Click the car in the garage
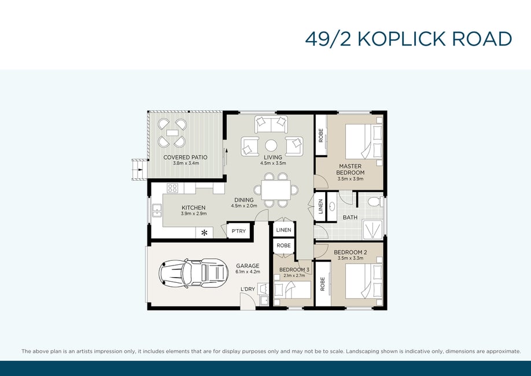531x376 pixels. pyautogui.click(x=194, y=273)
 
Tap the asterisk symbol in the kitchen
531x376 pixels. pyautogui.click(x=204, y=233)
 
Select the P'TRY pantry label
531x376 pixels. pyautogui.click(x=238, y=231)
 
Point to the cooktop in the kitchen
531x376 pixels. pyautogui.click(x=172, y=188)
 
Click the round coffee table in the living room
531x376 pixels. pyautogui.click(x=271, y=146)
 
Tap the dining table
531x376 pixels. pyautogui.click(x=276, y=190)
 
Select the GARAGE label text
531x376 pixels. pyautogui.click(x=248, y=266)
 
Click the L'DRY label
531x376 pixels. pyautogui.click(x=248, y=289)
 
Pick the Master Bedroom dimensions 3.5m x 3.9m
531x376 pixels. pyautogui.click(x=350, y=179)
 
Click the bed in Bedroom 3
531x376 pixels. pyautogui.click(x=292, y=290)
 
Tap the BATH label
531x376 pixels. pyautogui.click(x=350, y=218)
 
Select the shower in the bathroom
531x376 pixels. pyautogui.click(x=373, y=229)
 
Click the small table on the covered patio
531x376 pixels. pyautogui.click(x=172, y=132)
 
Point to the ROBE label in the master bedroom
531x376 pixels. pyautogui.click(x=321, y=135)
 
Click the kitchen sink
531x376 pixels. pyautogui.click(x=157, y=211)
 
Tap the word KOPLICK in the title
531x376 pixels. pyautogui.click(x=402, y=39)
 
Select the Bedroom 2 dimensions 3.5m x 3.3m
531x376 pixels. pyautogui.click(x=350, y=258)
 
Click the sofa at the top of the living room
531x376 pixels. pyautogui.click(x=271, y=124)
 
